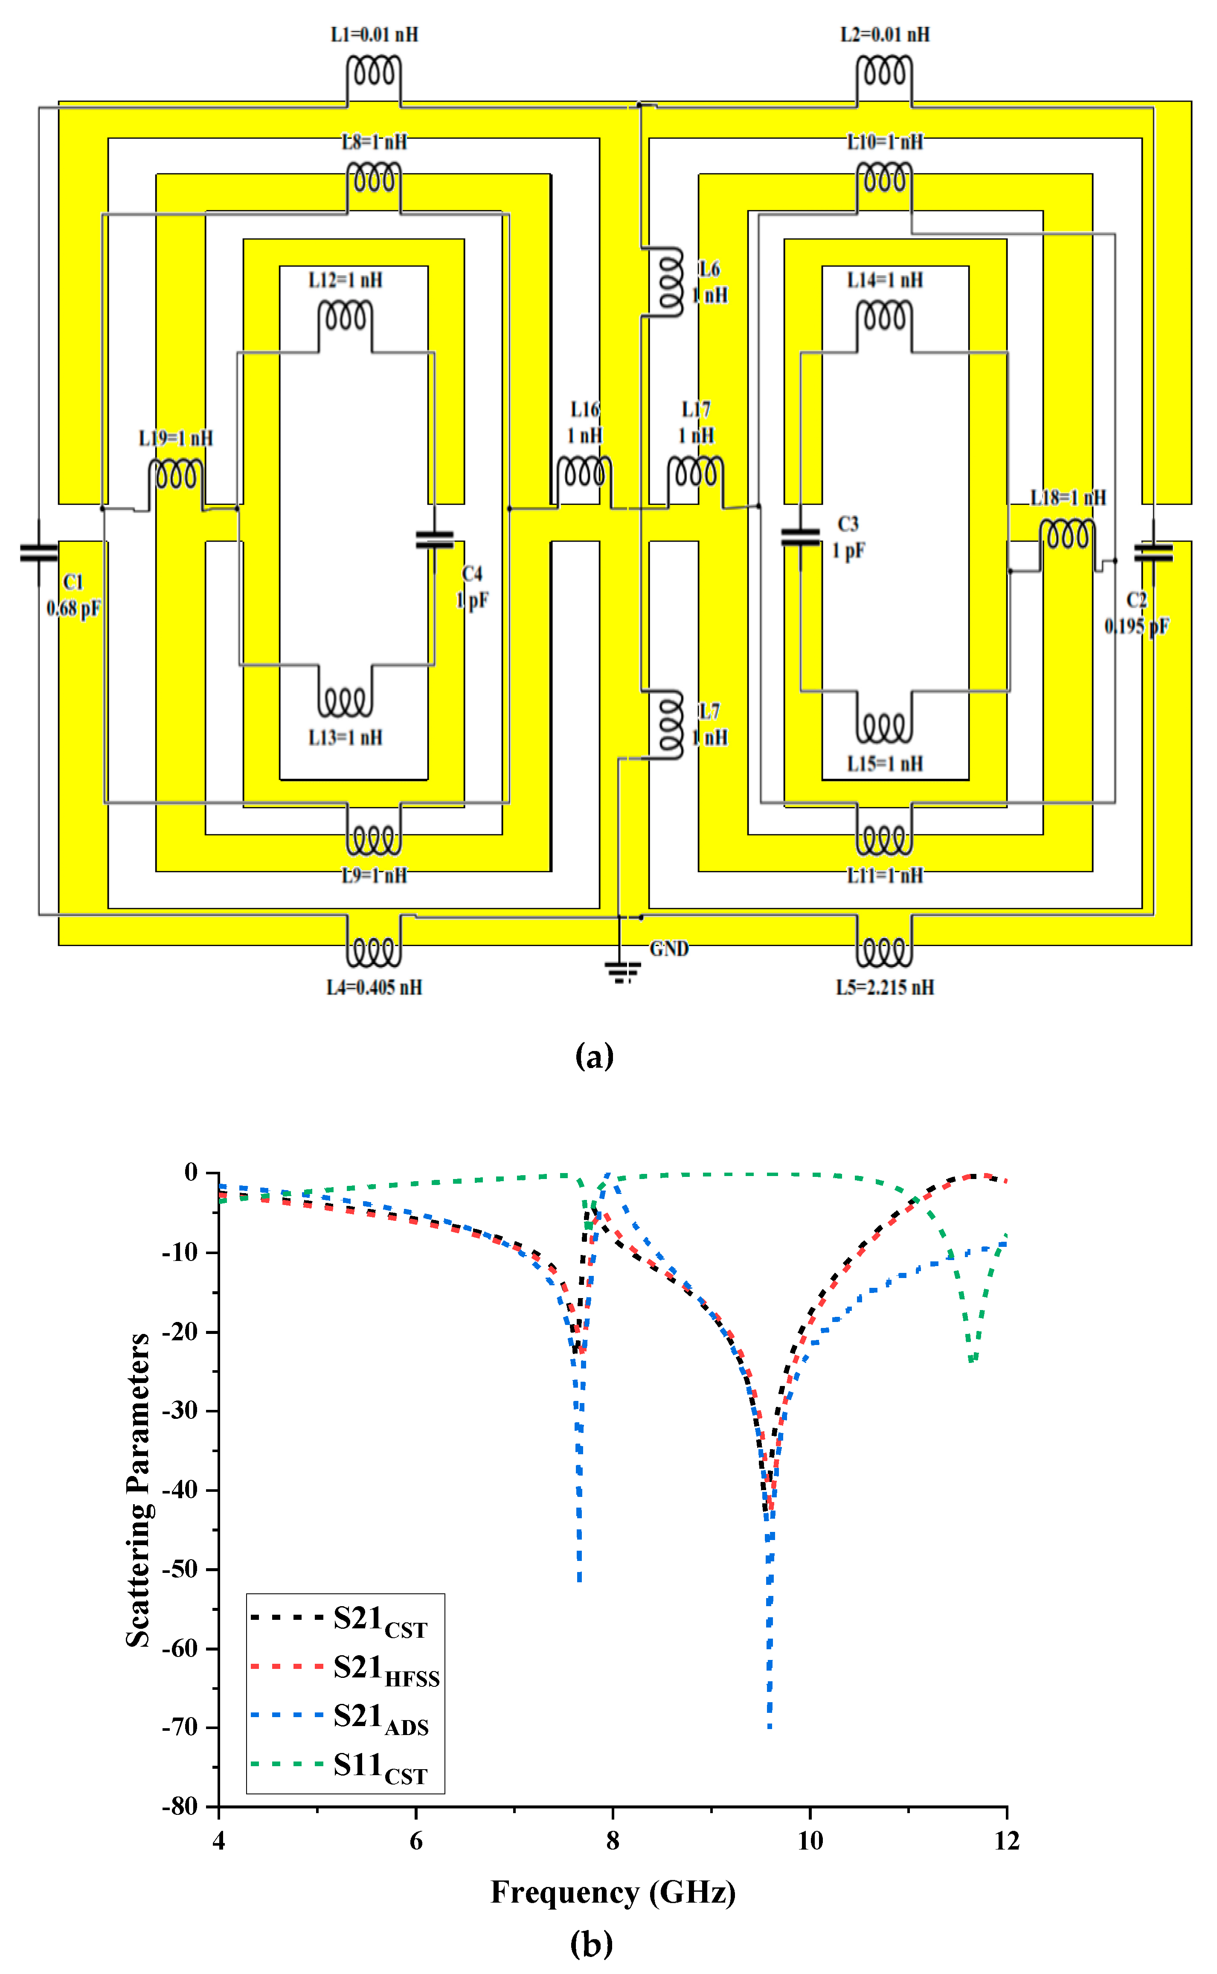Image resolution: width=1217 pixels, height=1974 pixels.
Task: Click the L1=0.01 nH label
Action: (x=374, y=35)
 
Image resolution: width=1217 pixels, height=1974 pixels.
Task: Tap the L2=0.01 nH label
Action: (x=885, y=35)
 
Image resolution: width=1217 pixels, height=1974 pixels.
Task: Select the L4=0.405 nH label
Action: (x=374, y=987)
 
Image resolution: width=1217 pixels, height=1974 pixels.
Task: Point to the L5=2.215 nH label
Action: (x=885, y=987)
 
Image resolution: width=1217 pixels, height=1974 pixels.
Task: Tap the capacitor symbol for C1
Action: (x=39, y=552)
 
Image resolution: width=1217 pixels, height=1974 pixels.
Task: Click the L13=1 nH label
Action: (x=345, y=737)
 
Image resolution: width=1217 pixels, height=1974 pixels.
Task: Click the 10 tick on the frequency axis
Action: (x=810, y=1840)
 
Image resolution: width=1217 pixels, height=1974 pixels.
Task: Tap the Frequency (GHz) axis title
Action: (x=613, y=1892)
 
